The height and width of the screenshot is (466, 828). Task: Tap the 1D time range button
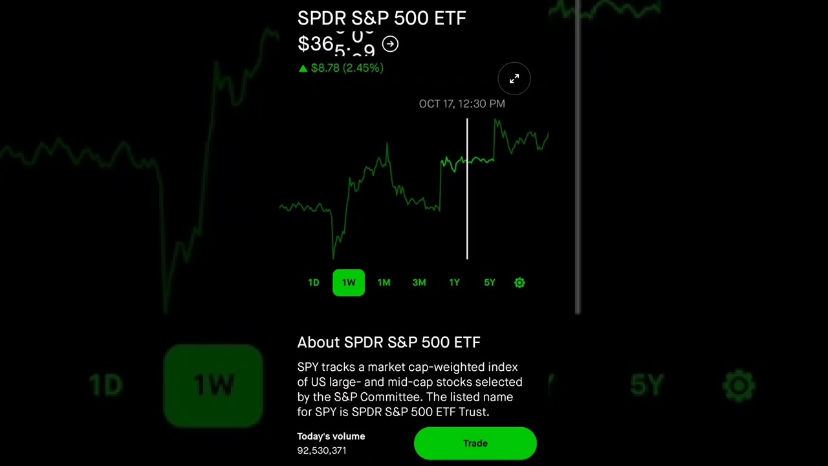314,283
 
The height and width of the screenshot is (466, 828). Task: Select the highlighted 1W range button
349,283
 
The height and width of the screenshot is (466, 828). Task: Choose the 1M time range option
384,283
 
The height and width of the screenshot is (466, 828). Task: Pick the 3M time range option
419,283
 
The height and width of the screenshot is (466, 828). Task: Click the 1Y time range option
454,283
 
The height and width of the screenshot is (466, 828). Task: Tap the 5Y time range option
490,283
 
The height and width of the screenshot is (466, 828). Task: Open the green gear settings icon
519,283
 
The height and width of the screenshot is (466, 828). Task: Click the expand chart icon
514,79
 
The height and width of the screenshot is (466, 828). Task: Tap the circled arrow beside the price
390,44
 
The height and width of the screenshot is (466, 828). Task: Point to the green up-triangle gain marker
303,68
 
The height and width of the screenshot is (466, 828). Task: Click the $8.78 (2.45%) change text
347,68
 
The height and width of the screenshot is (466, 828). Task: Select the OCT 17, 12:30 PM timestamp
462,104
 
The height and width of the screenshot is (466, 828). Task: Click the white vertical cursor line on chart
467,207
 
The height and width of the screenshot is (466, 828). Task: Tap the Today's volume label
331,436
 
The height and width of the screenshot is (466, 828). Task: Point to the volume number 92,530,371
321,450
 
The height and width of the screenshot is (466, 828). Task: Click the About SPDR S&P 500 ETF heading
389,342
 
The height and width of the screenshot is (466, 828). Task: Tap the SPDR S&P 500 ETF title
382,18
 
